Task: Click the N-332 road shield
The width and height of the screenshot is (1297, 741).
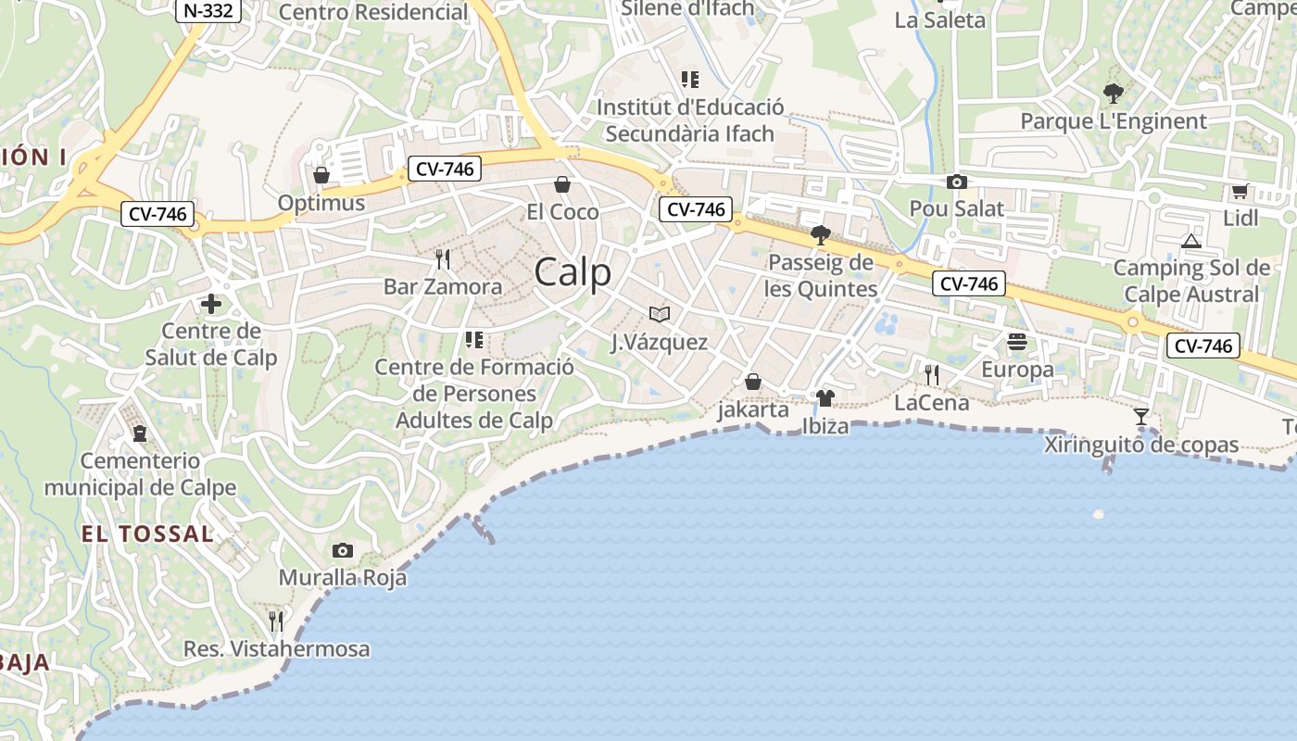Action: click(208, 10)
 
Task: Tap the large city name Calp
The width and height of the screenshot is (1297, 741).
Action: click(573, 272)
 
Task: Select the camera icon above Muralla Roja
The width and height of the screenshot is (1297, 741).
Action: click(342, 550)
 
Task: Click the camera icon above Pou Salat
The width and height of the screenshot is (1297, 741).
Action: click(956, 182)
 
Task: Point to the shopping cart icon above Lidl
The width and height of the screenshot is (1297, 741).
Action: click(1240, 192)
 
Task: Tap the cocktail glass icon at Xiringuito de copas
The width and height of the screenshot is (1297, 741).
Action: click(1141, 417)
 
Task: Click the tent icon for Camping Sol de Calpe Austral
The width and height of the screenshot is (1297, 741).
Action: click(1191, 241)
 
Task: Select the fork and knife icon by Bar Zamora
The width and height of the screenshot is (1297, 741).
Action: click(443, 259)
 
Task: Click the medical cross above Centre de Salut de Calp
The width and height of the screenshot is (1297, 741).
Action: click(211, 303)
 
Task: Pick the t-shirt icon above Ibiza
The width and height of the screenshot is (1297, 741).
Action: click(825, 398)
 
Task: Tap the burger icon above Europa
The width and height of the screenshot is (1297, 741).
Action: click(1017, 342)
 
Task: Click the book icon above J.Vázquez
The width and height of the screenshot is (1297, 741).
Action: click(659, 315)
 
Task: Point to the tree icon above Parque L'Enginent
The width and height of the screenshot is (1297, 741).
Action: click(1113, 93)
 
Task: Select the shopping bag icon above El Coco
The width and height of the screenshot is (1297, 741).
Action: click(561, 184)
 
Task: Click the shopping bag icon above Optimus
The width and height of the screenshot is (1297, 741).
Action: click(321, 175)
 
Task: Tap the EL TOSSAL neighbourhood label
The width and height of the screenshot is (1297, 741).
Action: click(147, 534)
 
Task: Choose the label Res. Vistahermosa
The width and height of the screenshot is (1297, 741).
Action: click(277, 649)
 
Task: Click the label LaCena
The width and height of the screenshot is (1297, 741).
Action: click(932, 403)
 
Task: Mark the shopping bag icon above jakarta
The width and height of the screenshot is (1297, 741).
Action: click(753, 382)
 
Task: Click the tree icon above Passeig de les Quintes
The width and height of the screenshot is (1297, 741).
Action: click(820, 234)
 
